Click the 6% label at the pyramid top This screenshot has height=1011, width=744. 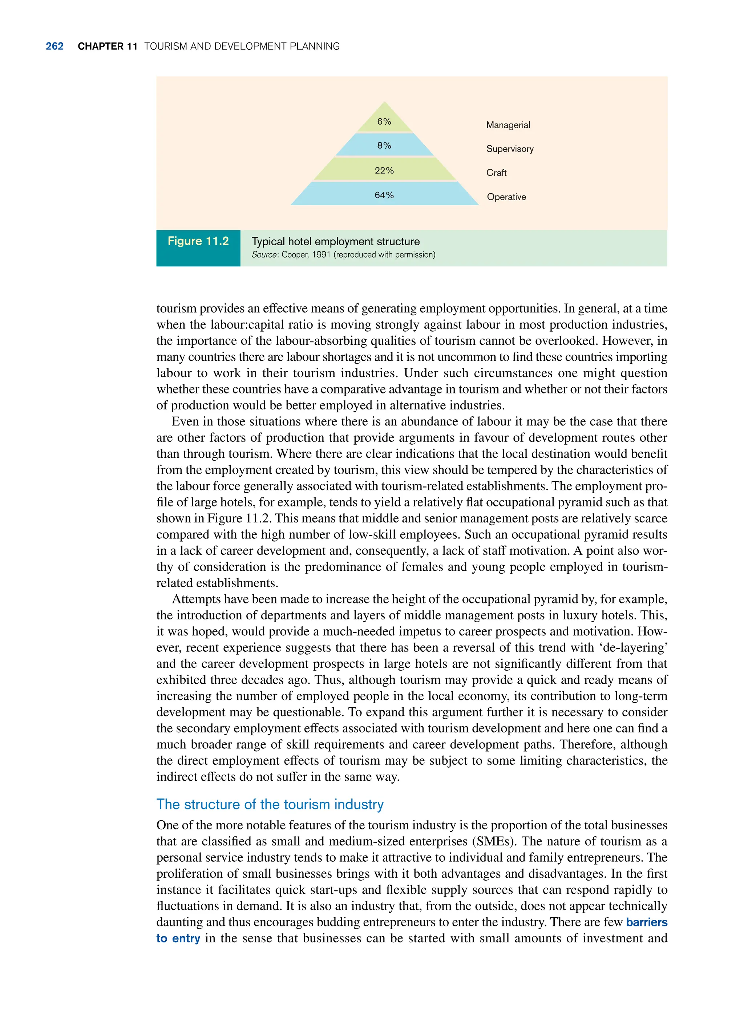point(384,122)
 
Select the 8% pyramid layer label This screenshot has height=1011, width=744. point(384,145)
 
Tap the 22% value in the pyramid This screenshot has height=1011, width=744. point(384,170)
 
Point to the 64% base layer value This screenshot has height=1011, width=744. point(384,195)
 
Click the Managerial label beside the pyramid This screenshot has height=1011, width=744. point(508,125)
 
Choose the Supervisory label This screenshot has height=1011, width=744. point(510,149)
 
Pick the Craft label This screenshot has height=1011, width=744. point(496,173)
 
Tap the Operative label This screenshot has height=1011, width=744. point(506,197)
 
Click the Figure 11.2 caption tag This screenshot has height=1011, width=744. point(198,241)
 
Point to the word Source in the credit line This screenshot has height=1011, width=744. point(264,255)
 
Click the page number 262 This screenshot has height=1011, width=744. point(54,46)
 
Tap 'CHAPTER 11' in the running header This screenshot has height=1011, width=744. point(107,46)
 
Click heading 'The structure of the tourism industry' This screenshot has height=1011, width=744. point(270,804)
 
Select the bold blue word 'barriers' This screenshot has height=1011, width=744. point(646,922)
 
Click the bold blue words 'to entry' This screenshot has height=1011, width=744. point(178,938)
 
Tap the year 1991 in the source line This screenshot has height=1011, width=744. point(322,255)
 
